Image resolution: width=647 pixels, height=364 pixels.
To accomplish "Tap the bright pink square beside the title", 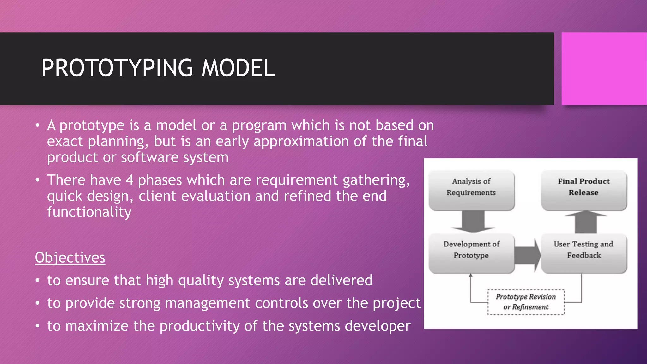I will point(604,69).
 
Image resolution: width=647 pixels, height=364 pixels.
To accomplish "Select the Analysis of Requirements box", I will point(471,190).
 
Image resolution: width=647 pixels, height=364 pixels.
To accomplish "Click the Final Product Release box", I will point(584,190).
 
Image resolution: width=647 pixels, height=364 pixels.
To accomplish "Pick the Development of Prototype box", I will point(471,253).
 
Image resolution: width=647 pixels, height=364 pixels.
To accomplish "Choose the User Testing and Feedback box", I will point(584,253).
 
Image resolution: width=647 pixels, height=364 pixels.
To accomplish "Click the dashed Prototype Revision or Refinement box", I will point(526,302).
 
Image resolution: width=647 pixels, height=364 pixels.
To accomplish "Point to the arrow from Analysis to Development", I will point(473,221).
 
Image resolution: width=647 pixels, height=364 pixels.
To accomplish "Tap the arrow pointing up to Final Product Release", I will point(586,222).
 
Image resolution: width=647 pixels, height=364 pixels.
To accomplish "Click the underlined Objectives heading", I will point(70,258).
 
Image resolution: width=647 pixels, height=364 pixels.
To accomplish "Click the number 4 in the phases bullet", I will point(129,180).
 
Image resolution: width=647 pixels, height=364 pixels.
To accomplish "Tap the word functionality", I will point(89,212).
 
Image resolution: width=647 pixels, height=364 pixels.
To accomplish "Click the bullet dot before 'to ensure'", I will point(38,281).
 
